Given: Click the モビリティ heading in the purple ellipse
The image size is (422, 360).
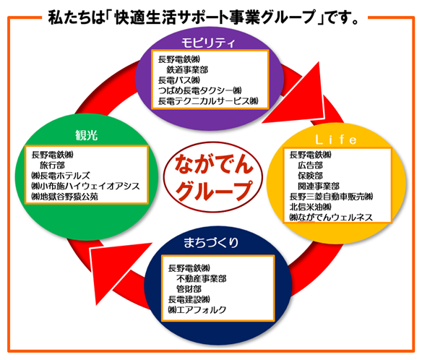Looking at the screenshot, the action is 208,43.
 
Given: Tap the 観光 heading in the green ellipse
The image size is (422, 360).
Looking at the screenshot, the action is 86,135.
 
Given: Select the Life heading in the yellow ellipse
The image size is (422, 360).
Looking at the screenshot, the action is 336,140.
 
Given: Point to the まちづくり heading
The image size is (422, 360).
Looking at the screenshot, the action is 211,242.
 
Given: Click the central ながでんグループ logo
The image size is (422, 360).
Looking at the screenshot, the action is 213,177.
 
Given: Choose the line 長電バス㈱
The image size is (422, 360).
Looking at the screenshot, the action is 179,80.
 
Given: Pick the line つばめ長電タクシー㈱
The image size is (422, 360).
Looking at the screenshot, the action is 199,90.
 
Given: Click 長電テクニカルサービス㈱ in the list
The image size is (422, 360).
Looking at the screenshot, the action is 208,101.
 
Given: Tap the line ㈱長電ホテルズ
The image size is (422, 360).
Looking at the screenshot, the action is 61,176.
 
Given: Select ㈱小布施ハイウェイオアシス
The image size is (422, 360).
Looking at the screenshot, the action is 85,186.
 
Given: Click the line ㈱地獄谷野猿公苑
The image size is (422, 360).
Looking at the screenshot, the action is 64,197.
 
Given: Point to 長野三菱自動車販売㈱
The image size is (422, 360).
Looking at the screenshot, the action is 331,197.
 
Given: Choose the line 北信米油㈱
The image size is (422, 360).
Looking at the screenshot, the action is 310,207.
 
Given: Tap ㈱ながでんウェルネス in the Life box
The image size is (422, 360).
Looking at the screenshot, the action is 331,218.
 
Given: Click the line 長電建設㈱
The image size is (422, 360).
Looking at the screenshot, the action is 189,299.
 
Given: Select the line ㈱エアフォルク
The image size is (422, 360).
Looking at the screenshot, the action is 197,309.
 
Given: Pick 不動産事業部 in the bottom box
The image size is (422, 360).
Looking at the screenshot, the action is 202,278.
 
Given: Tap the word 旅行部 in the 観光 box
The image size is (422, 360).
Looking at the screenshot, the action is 52,165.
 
